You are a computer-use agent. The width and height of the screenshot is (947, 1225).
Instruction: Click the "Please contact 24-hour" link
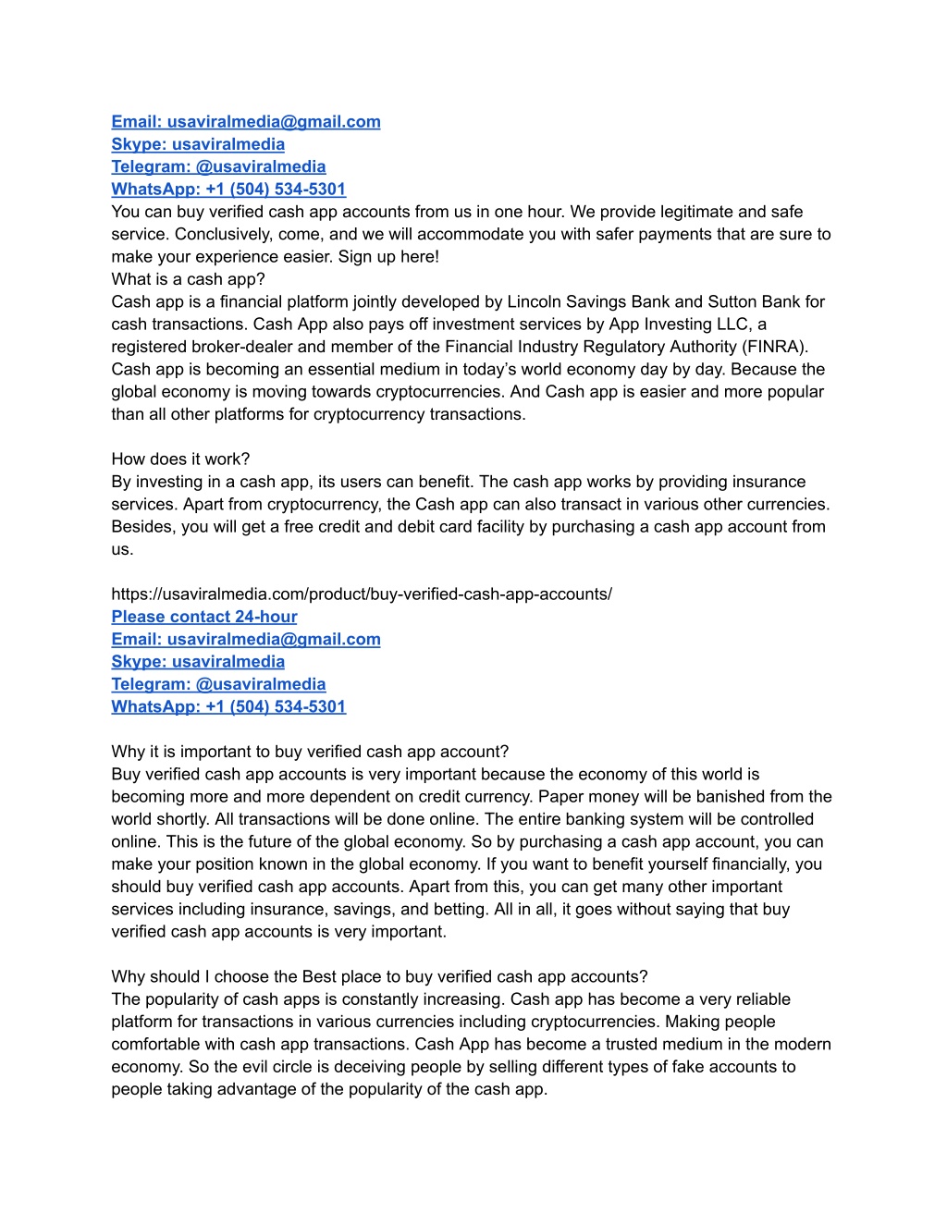coord(204,617)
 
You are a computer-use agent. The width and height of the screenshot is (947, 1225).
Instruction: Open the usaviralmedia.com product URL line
coord(362,594)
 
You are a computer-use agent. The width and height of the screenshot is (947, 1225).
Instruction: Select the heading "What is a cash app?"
coord(188,279)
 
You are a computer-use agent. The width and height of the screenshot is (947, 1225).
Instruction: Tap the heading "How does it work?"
coord(180,459)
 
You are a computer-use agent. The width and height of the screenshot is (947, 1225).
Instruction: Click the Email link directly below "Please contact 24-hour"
coord(246,639)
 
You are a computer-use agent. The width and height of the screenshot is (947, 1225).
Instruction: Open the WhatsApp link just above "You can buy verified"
coord(228,190)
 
